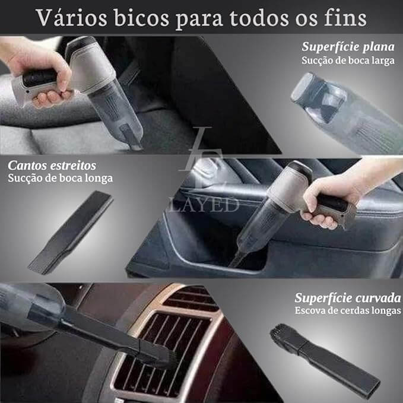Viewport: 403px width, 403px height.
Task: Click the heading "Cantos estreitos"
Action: pos(52,164)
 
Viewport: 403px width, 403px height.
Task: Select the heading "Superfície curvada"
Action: pos(347,297)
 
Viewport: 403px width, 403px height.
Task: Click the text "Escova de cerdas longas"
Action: pos(348,310)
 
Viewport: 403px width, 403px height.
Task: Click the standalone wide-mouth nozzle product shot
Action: pos(344,113)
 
